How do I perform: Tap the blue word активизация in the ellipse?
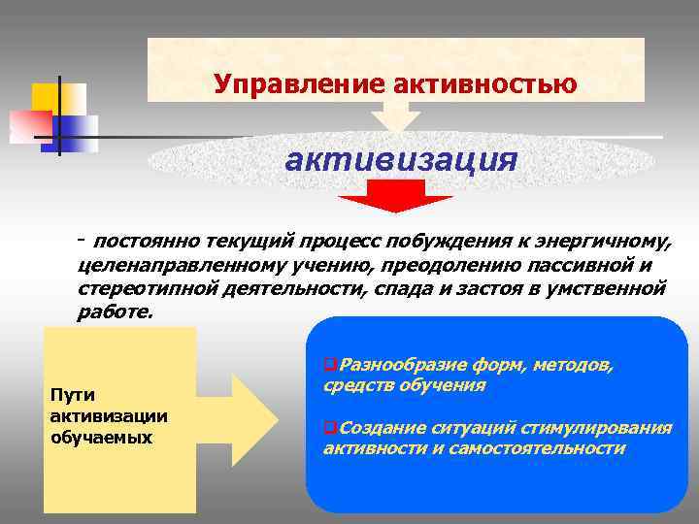pyautogui.click(x=401, y=157)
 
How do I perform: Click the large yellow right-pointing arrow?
pyautogui.click(x=254, y=418)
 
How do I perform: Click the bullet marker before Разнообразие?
pyautogui.click(x=329, y=365)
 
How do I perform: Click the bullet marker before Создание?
pyautogui.click(x=329, y=428)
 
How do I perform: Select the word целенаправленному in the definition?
pyautogui.click(x=176, y=266)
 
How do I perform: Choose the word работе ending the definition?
pyautogui.click(x=114, y=312)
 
